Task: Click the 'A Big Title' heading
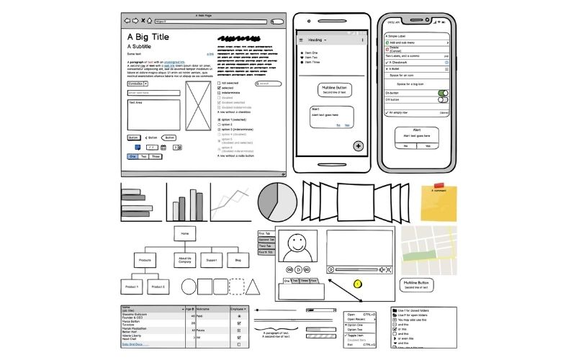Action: click(148, 36)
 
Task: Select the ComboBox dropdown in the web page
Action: click(138, 84)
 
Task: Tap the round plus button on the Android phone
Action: click(359, 146)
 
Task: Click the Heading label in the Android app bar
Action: click(315, 40)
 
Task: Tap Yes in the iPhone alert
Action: click(428, 145)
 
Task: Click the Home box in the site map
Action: click(185, 233)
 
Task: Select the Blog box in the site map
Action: click(237, 259)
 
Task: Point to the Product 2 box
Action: click(158, 287)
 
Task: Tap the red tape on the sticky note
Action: click(438, 186)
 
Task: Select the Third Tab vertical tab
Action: click(266, 246)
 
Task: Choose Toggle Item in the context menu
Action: click(356, 336)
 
